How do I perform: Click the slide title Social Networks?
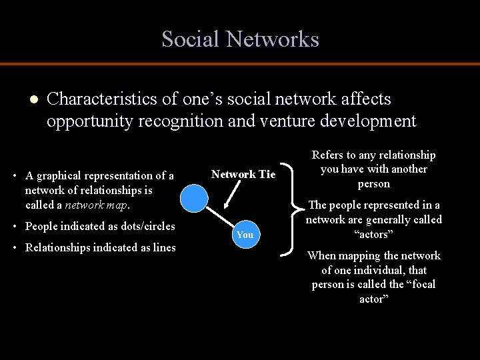coord(240,39)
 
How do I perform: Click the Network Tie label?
coord(243,175)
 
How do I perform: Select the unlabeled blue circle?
coord(195,199)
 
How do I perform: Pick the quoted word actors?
coord(373,235)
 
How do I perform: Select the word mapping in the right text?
coord(361,256)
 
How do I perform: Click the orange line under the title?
coord(240,64)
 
